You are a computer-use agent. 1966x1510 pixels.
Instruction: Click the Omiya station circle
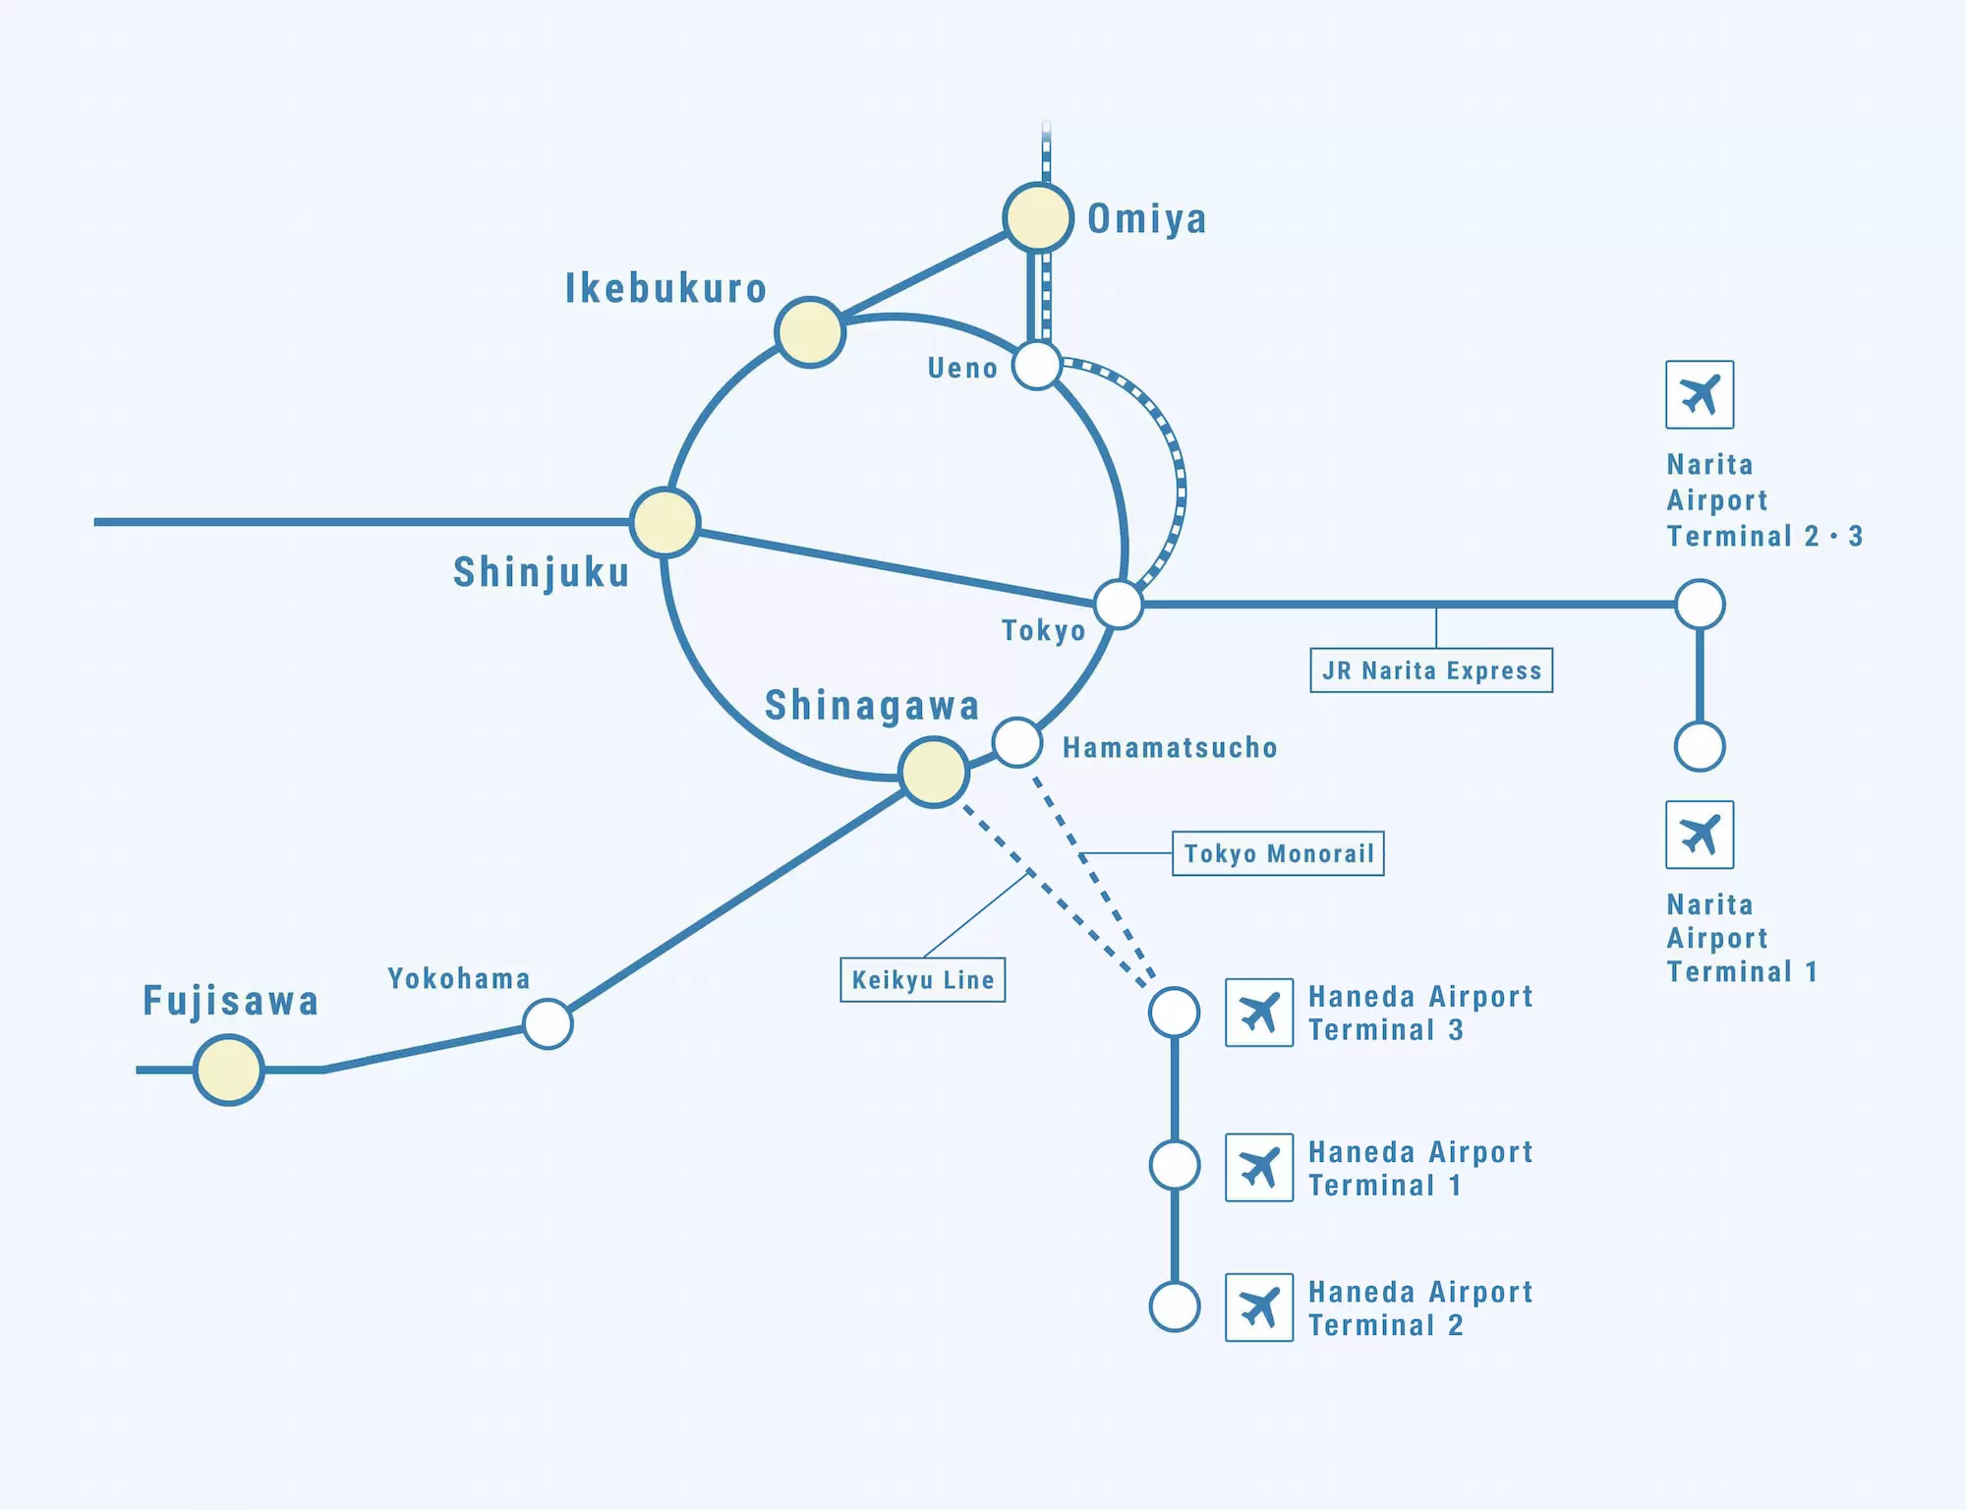coord(1038,217)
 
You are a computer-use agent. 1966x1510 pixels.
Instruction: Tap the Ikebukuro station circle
coord(810,332)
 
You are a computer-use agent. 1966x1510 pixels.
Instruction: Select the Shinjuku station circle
coord(665,522)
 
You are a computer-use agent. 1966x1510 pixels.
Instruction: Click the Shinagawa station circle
coord(934,772)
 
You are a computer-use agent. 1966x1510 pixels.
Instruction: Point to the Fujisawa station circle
coord(229,1070)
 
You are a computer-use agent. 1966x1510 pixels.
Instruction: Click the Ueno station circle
coord(1037,366)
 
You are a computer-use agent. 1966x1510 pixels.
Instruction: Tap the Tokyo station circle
coord(1119,604)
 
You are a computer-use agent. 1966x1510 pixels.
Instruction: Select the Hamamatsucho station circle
coord(1017,742)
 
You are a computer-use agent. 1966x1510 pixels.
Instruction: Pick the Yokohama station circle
coord(548,1024)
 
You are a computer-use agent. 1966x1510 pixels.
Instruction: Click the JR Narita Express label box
coord(1431,670)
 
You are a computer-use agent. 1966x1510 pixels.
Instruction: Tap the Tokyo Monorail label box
coord(1278,853)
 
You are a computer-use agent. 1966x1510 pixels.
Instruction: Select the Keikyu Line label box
coord(922,980)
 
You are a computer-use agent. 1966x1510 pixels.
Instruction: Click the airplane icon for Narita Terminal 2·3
coord(1700,395)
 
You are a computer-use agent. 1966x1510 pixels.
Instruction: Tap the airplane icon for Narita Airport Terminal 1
coord(1700,836)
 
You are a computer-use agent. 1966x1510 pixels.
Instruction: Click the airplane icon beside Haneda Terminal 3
coord(1259,1013)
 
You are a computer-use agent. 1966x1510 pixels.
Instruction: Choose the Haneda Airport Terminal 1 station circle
coord(1175,1166)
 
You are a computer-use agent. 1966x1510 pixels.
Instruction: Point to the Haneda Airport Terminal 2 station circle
coord(1175,1307)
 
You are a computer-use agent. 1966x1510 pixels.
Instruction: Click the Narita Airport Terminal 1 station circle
coord(1700,747)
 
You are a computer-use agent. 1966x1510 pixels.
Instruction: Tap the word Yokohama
coord(459,979)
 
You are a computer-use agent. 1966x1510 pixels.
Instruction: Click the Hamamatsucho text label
coord(1170,748)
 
